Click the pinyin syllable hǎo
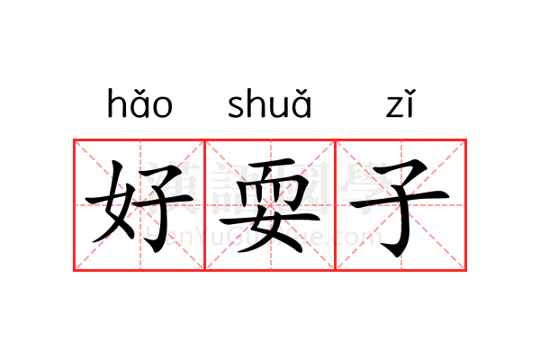pyautogui.click(x=139, y=103)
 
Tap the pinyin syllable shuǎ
pyautogui.click(x=270, y=103)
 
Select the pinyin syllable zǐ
pyautogui.click(x=400, y=103)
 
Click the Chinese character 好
pyautogui.click(x=139, y=206)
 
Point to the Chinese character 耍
pyautogui.click(x=270, y=205)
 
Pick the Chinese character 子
pyautogui.click(x=400, y=208)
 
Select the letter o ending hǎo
pyautogui.click(x=162, y=107)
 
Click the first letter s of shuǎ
pyautogui.click(x=237, y=107)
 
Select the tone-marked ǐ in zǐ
pyautogui.click(x=411, y=103)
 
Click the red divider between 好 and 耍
pyautogui.click(x=205, y=205)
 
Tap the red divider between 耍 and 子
pyautogui.click(x=335, y=205)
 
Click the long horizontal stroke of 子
pyautogui.click(x=400, y=200)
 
